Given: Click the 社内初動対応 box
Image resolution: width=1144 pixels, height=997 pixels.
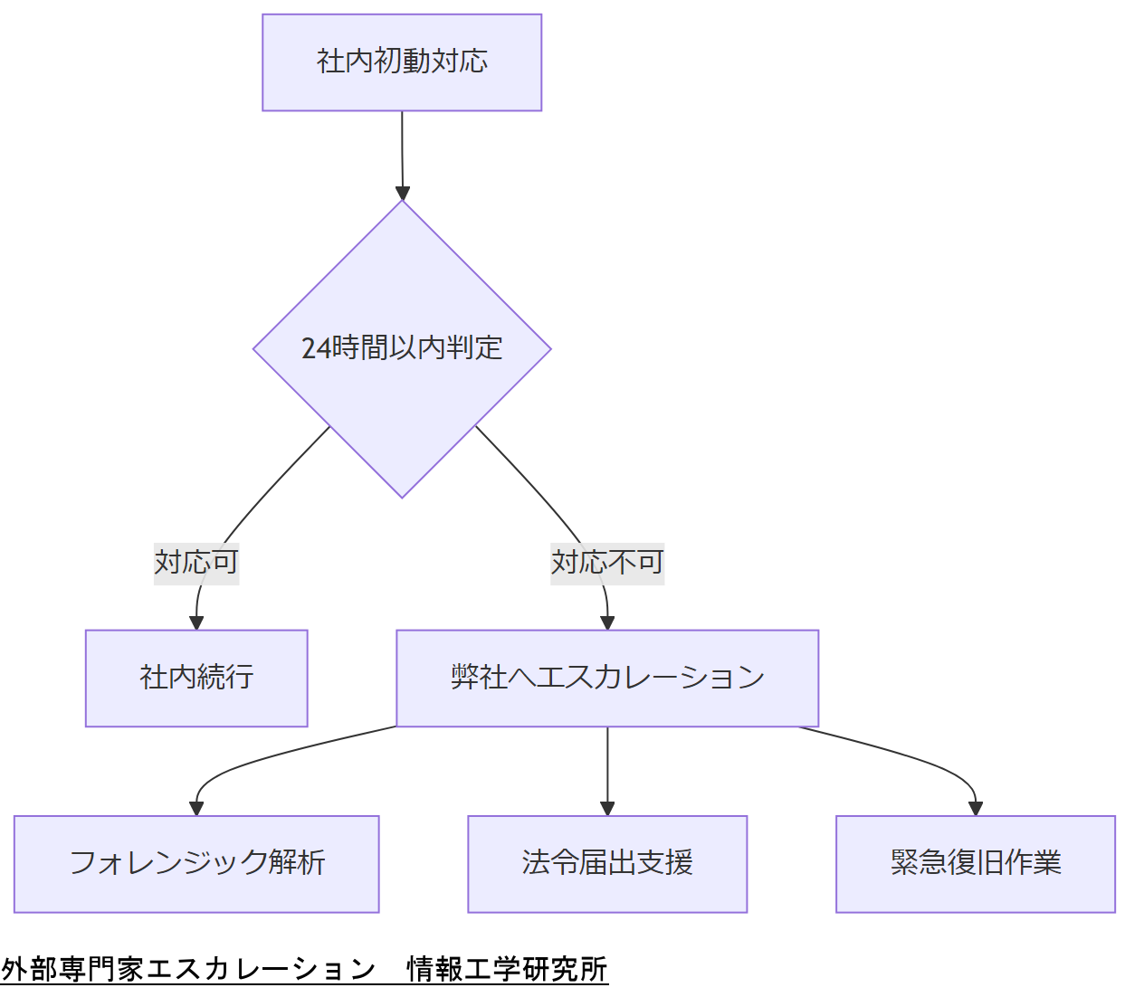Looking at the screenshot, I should pos(402,62).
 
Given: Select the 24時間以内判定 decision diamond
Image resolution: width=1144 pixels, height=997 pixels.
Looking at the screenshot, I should pos(402,348).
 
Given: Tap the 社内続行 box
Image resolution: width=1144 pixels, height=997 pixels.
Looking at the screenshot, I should pos(196,678).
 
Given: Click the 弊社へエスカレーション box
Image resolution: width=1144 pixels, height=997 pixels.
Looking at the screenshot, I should pos(607,678).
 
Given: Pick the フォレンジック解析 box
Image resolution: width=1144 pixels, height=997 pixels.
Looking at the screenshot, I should pos(196,863).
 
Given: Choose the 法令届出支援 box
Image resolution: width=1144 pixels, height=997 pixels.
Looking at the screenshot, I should pos(607,863).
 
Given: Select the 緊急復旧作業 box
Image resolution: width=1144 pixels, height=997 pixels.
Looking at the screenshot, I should pos(975,863).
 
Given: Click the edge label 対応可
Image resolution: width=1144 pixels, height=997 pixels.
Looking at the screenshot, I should pos(196,563).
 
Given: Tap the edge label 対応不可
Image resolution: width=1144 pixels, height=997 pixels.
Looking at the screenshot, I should pos(607,563).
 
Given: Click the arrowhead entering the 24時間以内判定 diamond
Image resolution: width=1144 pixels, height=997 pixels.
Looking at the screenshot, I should pos(403,193).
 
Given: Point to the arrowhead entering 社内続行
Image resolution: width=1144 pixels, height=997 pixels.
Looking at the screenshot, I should pos(196,622).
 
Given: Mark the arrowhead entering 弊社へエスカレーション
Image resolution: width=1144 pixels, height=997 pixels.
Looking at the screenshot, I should pos(607,622).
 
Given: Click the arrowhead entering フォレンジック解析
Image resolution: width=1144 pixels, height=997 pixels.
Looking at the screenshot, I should pos(196,808).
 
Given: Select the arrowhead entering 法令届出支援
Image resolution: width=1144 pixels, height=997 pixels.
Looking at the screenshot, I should pos(607,808).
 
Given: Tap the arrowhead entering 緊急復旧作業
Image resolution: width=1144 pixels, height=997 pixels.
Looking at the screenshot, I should pos(975,808).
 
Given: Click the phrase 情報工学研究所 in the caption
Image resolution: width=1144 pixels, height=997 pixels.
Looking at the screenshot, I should pos(507,969).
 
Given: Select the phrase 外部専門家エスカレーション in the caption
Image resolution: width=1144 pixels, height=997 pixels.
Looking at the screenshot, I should pos(188,969).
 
